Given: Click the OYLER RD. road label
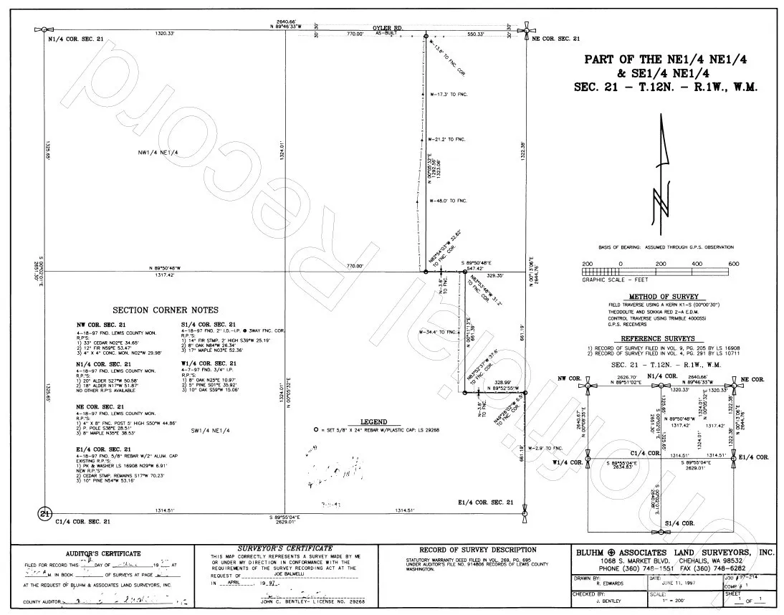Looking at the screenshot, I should tap(388, 28).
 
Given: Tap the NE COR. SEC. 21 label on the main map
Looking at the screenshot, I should tap(555, 39).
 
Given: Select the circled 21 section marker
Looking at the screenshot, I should tap(45, 514).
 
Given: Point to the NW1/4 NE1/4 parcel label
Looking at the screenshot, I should tap(158, 152).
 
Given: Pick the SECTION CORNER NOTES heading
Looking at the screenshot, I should tap(165, 310).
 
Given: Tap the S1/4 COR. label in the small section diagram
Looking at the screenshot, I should tap(680, 524).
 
